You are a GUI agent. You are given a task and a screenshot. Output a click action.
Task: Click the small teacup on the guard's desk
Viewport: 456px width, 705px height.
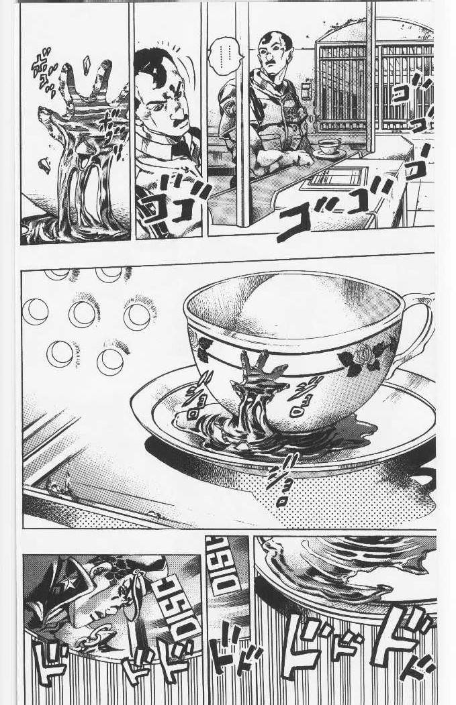[328, 147]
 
